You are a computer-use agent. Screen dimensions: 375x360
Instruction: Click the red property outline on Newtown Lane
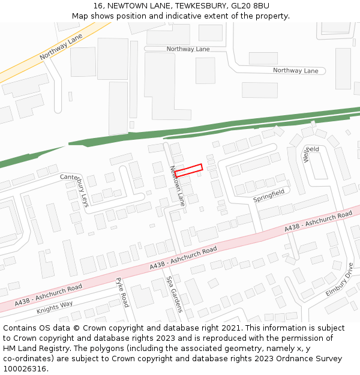(x=188, y=170)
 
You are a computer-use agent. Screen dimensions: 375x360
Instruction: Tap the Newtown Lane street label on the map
(x=177, y=187)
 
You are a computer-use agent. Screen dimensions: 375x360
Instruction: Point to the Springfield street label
(x=268, y=196)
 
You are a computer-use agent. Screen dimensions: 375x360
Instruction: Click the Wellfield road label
(x=310, y=154)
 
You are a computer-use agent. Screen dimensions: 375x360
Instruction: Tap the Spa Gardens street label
(x=174, y=294)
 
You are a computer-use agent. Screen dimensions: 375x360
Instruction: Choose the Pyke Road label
(x=122, y=292)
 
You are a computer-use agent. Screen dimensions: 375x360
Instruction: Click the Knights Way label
(x=55, y=307)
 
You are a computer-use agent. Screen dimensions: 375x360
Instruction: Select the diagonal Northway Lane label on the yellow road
(x=61, y=46)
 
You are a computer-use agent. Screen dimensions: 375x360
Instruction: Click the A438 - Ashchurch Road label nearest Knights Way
(x=49, y=294)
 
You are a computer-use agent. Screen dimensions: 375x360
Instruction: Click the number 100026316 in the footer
(x=25, y=368)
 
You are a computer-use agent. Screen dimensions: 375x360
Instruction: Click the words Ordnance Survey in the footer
(x=313, y=358)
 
